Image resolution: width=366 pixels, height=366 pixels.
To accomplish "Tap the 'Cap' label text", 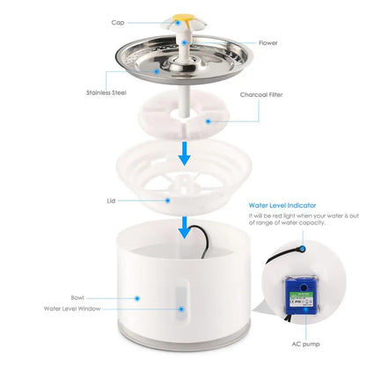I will tap(118, 22).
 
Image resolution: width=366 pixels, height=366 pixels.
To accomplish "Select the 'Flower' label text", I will tap(269, 41).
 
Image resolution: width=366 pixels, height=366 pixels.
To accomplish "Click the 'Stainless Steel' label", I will tap(110, 91).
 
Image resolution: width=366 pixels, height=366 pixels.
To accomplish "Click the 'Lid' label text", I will tap(111, 200).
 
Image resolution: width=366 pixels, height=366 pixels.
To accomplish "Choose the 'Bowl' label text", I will tap(78, 297).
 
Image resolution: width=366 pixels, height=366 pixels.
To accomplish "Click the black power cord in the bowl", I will tap(204, 241).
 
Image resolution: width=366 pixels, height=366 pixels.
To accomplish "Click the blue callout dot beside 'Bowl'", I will tap(137, 297).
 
